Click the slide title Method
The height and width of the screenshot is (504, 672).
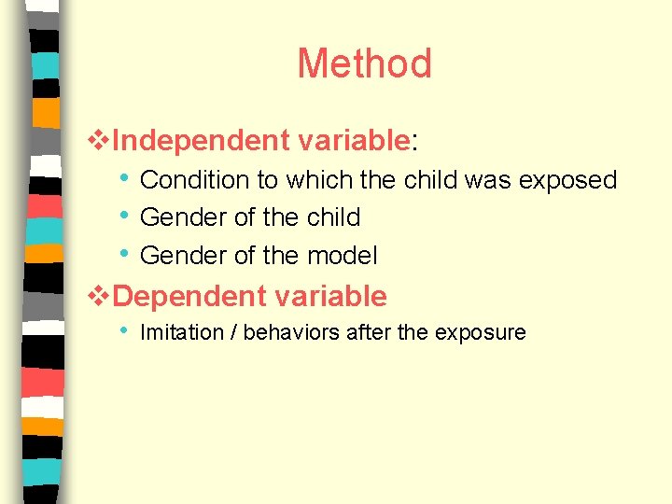(x=364, y=64)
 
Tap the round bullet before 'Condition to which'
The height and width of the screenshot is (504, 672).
(x=125, y=178)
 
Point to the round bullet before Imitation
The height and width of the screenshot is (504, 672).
(x=125, y=331)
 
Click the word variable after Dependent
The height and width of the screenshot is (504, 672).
(x=329, y=297)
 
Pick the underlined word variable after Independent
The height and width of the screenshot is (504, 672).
(x=354, y=141)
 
